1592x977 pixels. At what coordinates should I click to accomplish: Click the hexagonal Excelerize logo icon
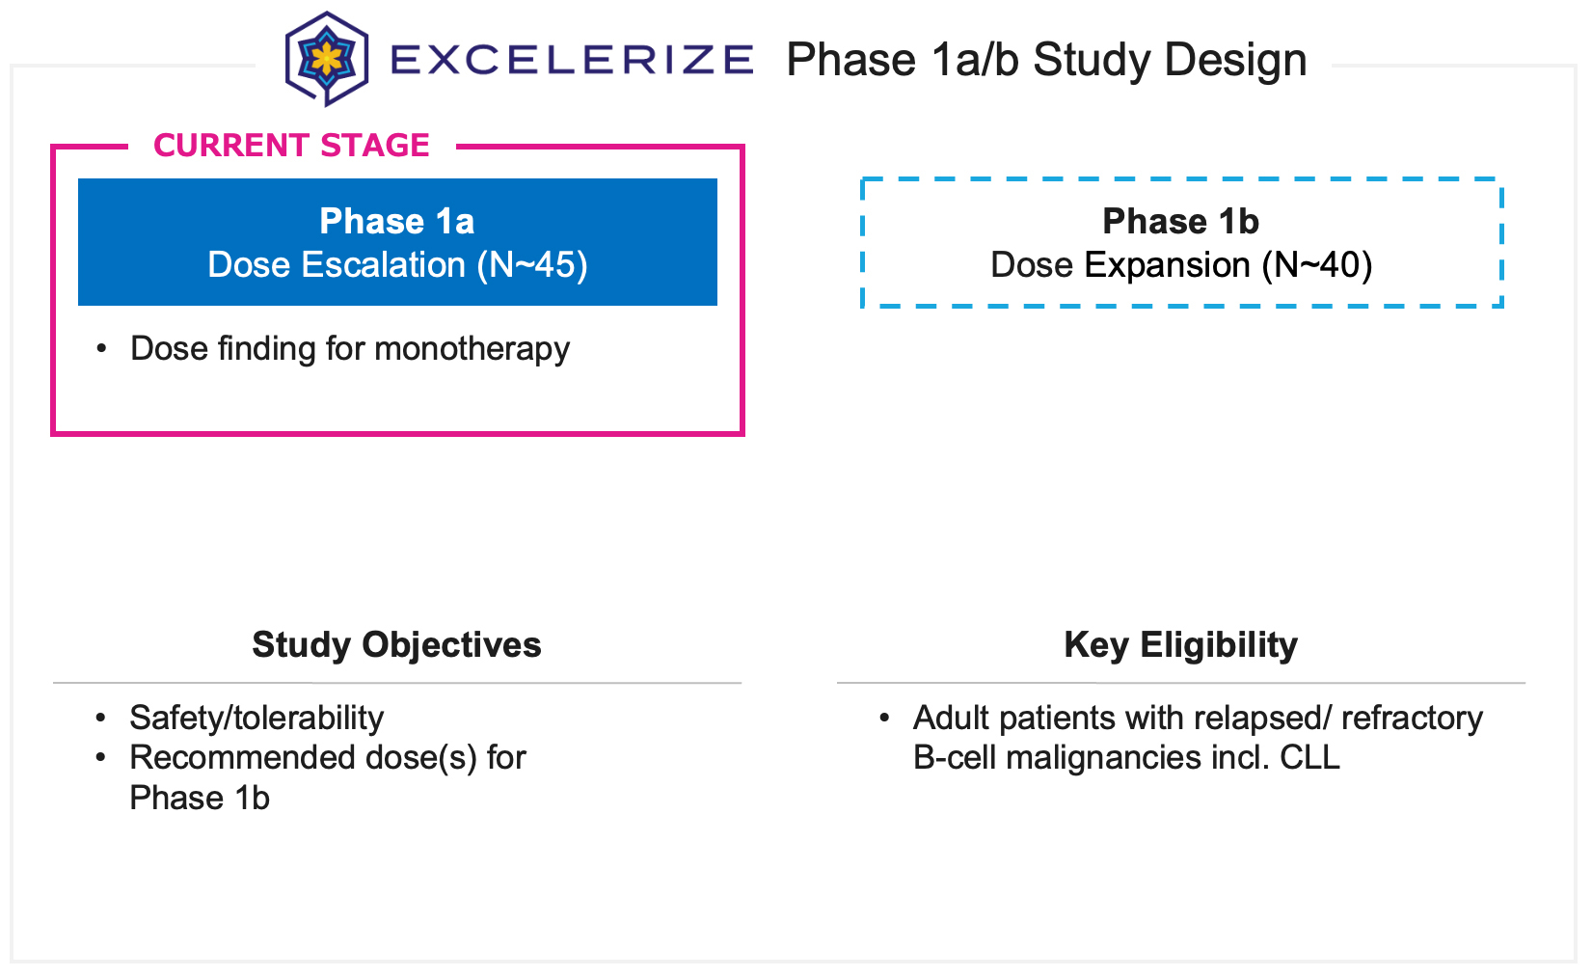327,59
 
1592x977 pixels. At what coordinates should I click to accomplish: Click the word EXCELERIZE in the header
572,60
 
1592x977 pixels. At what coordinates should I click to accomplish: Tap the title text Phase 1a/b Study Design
1046,60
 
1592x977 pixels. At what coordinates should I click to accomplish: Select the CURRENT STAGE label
291,146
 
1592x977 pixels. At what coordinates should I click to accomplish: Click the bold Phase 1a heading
397,222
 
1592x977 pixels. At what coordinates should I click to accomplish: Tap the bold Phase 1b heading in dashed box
1181,222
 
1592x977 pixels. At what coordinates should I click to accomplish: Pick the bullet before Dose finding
101,349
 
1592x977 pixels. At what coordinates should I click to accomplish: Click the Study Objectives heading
396,644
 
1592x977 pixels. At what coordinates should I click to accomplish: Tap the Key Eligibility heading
1181,644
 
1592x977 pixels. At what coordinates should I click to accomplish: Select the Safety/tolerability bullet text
256,719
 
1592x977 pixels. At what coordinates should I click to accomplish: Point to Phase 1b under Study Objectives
200,799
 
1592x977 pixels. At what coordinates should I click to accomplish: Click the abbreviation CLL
1309,758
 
